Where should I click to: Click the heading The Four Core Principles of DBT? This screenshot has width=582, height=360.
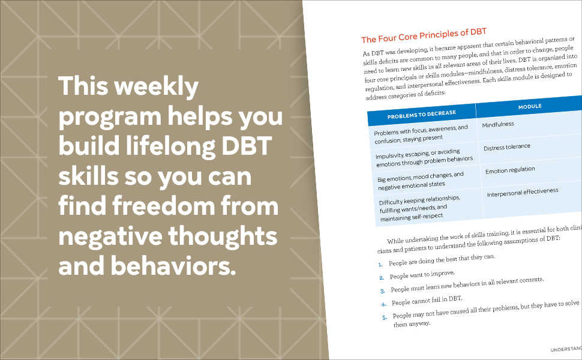coord(423,35)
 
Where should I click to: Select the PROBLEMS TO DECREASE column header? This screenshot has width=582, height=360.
coord(421,113)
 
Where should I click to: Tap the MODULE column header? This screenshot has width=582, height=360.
coord(530,106)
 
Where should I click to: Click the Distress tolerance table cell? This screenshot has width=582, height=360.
coord(507,147)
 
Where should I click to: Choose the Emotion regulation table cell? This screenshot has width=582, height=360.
coord(510,170)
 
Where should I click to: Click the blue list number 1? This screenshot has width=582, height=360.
coord(380,264)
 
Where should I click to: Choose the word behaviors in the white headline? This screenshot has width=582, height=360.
coord(169,266)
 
